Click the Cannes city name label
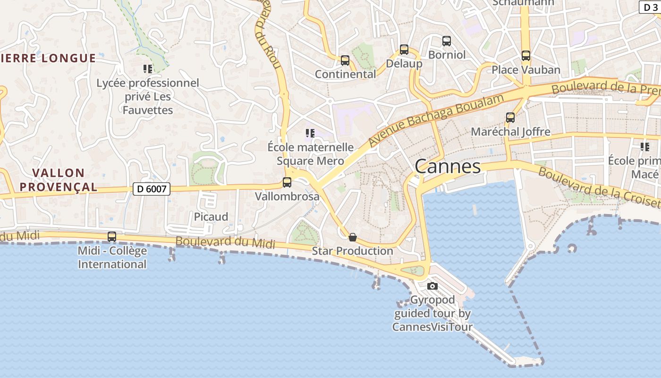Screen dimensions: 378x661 point(448,166)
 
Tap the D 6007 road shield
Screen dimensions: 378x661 point(151,189)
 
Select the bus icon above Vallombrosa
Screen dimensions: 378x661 point(287,182)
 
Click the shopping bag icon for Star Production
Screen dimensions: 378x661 point(352,237)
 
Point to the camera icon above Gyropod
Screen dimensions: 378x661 point(432,286)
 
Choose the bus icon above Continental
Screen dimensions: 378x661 point(345,60)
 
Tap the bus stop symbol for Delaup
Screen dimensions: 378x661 point(404,49)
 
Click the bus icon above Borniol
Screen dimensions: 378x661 point(447,41)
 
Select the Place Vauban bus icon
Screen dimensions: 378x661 point(526,56)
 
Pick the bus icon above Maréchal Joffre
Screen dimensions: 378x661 point(510,118)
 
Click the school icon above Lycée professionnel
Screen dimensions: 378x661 point(148,69)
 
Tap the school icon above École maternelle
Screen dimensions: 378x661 point(310,133)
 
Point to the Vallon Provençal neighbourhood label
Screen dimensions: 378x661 point(59,180)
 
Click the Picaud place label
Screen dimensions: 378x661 point(211,217)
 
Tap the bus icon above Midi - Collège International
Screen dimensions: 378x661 point(112,236)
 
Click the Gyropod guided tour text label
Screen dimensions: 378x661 point(432,313)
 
